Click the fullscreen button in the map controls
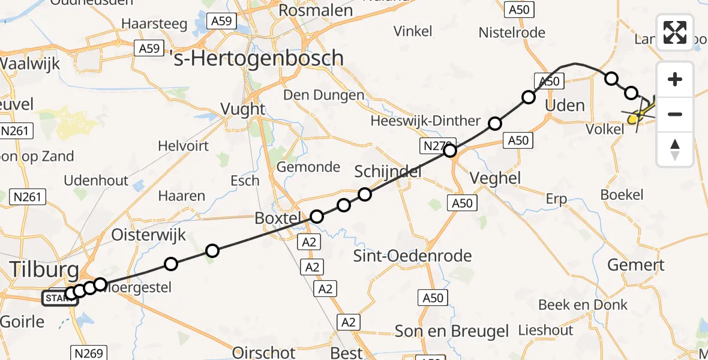click(x=675, y=32)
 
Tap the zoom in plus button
click(x=675, y=79)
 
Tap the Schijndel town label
click(x=388, y=172)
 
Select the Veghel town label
click(x=496, y=178)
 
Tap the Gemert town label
click(x=636, y=265)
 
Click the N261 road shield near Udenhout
click(x=28, y=196)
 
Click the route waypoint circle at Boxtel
click(x=317, y=217)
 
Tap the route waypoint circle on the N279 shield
click(x=450, y=151)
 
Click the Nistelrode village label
click(x=512, y=32)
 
